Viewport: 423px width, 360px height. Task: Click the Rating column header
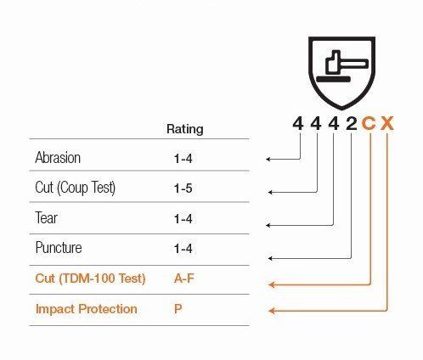click(x=185, y=129)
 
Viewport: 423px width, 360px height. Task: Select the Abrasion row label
click(x=58, y=157)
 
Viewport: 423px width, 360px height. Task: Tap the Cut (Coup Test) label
click(x=76, y=188)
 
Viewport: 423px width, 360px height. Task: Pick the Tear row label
click(x=46, y=218)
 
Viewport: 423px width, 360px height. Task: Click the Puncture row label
click(x=59, y=248)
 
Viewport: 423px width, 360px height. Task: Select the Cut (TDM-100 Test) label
click(x=90, y=278)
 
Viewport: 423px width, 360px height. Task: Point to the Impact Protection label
click(x=87, y=309)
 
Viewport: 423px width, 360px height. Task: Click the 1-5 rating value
click(x=183, y=188)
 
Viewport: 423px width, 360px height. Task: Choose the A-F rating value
click(x=184, y=278)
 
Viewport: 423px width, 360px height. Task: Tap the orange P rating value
click(x=178, y=308)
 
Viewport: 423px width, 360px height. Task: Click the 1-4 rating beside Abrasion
click(x=183, y=159)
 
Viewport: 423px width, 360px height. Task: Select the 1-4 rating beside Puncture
click(x=183, y=249)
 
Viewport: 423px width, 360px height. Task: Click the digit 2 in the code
click(x=352, y=124)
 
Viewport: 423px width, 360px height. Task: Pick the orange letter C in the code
click(x=369, y=124)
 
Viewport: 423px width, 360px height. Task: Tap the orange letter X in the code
click(x=387, y=124)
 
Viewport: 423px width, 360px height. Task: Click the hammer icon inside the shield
click(x=347, y=62)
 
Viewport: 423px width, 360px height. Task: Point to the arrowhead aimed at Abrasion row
click(x=268, y=159)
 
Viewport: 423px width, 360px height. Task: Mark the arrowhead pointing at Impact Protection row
click(x=272, y=311)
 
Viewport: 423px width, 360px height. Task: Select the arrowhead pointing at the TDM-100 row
click(x=272, y=284)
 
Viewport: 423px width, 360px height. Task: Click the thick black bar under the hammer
click(x=333, y=79)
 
